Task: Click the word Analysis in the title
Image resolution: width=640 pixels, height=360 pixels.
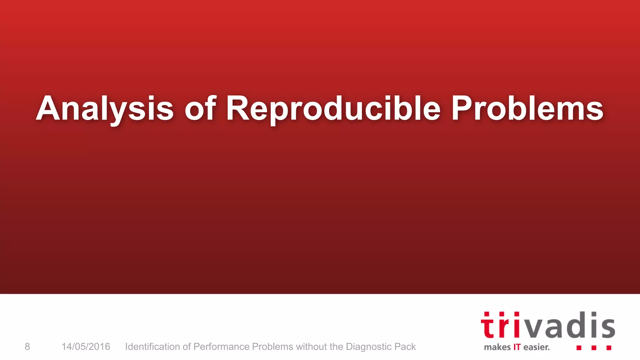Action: click(x=105, y=108)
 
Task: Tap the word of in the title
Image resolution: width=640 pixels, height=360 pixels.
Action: click(x=200, y=108)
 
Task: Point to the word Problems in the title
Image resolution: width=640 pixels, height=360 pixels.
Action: click(x=527, y=108)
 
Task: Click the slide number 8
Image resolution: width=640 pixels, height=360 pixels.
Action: click(x=27, y=347)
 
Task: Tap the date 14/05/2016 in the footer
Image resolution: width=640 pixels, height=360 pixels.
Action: click(x=86, y=347)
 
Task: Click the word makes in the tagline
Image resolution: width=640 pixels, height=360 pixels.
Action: click(x=497, y=347)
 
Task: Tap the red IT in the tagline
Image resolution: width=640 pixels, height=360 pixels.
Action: click(x=517, y=347)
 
